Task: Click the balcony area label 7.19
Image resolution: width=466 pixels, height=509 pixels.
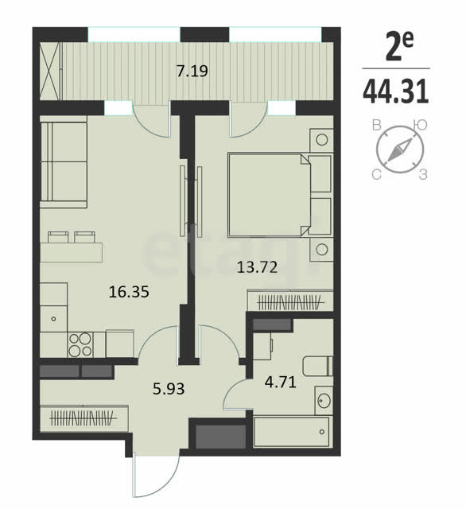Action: click(x=192, y=71)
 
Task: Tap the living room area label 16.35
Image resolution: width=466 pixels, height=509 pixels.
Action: click(x=129, y=292)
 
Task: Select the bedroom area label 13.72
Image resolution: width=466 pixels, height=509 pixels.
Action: click(x=258, y=267)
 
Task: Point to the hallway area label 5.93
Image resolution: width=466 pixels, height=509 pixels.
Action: click(x=169, y=388)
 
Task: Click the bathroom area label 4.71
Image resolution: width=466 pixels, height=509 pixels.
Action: click(x=281, y=382)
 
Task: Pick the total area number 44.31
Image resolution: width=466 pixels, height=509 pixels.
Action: click(x=396, y=92)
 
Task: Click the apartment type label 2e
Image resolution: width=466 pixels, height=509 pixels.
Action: click(x=399, y=46)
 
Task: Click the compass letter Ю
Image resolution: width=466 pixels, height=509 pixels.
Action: click(x=421, y=126)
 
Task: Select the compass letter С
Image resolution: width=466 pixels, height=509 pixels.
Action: click(x=376, y=175)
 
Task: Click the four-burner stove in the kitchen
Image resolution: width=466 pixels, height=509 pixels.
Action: click(x=80, y=344)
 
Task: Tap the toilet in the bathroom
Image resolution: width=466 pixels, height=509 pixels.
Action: click(x=318, y=366)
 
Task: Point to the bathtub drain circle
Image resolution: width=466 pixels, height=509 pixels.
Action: click(x=322, y=432)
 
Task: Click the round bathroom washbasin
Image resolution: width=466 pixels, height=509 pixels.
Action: click(x=324, y=401)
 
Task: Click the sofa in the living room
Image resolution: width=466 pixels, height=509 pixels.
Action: click(x=64, y=161)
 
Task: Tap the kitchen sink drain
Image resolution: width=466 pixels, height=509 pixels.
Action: click(x=53, y=319)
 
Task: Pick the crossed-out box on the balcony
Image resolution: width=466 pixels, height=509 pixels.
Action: click(x=50, y=71)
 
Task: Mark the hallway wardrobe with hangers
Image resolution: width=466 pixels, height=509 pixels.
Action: click(x=84, y=418)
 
